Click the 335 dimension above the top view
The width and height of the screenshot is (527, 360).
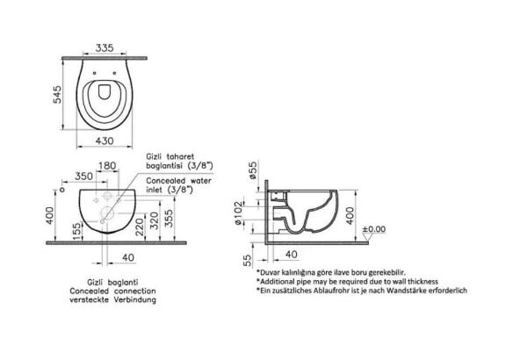[105, 48]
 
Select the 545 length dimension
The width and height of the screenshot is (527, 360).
[58, 95]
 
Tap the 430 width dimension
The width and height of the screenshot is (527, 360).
[105, 140]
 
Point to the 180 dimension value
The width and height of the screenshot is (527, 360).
[107, 166]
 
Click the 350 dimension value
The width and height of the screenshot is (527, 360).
[83, 176]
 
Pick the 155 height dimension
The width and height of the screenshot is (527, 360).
[77, 232]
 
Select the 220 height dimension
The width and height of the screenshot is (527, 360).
[139, 227]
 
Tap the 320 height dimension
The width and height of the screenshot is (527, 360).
[154, 220]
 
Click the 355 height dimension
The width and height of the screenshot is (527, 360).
[169, 219]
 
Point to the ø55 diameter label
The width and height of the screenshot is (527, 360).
[253, 170]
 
